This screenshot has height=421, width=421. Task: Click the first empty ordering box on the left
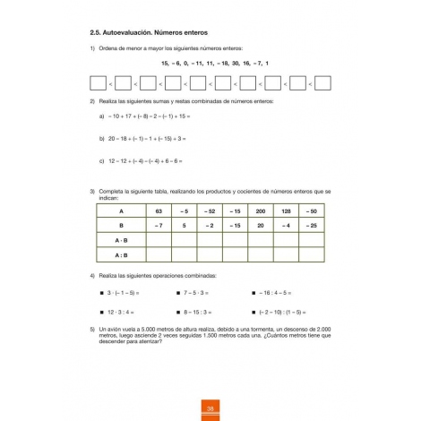tap(99, 84)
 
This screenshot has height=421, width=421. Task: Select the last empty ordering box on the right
tap(322, 84)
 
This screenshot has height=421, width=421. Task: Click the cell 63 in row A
tap(159, 211)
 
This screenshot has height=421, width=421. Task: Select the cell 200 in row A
tap(260, 211)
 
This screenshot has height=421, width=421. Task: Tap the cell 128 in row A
tap(286, 211)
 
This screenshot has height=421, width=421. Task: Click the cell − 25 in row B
tap(311, 226)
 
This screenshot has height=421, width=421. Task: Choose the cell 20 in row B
tap(260, 226)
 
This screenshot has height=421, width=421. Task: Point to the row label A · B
tap(121, 240)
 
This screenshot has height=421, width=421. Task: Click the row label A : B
tap(121, 254)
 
